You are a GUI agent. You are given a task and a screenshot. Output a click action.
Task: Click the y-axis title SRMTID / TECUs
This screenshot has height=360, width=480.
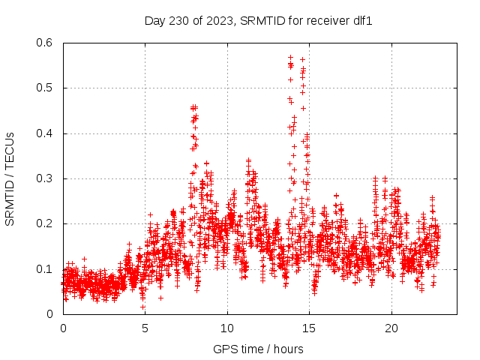(x=10, y=178)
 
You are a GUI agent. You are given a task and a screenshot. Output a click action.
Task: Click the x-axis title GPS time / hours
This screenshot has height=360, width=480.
(x=258, y=349)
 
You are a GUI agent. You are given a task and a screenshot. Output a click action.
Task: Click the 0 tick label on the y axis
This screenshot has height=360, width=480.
(x=50, y=314)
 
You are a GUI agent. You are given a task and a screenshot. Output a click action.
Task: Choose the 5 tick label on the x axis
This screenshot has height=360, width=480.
(x=145, y=328)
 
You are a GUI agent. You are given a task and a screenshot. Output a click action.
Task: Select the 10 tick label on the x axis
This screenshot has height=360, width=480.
(x=227, y=328)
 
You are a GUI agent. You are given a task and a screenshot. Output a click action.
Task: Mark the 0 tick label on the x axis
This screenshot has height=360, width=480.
(x=63, y=328)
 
